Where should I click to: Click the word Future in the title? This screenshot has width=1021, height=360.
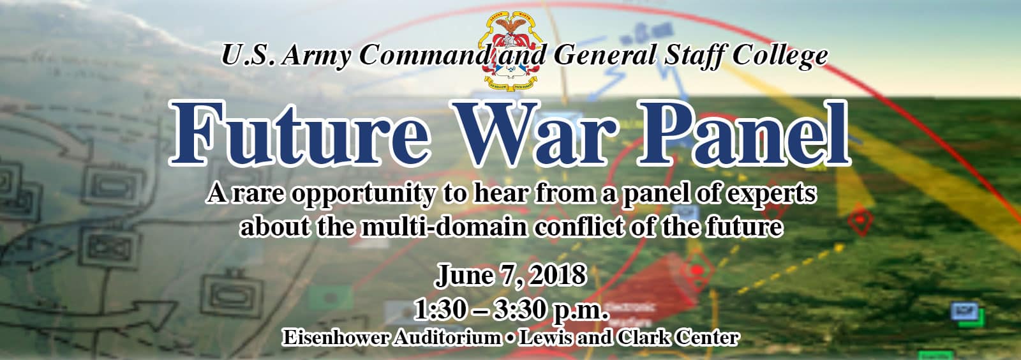pos(299,133)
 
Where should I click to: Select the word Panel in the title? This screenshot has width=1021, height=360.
pos(744,133)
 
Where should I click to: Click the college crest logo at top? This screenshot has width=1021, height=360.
pos(511,50)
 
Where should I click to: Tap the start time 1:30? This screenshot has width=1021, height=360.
pos(440,310)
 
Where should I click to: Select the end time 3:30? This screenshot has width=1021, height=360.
pos(519,310)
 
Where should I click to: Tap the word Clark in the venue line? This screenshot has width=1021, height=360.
pos(643,338)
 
